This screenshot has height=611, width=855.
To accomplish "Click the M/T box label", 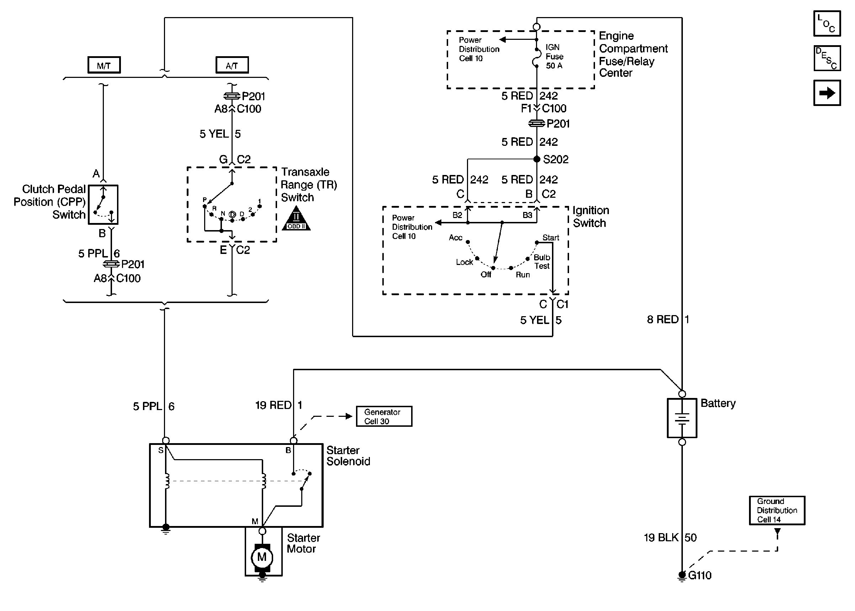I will click(x=104, y=65).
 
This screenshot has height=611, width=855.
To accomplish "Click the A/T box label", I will click(x=232, y=65).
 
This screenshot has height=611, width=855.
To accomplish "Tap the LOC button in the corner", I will click(x=827, y=24).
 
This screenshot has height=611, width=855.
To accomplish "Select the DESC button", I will click(x=827, y=58).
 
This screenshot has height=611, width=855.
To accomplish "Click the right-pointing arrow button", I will click(x=827, y=93).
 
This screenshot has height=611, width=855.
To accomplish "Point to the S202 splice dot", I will click(x=537, y=159).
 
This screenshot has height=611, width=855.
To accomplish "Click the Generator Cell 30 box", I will click(x=384, y=416).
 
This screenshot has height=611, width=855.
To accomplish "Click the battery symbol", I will click(x=681, y=418).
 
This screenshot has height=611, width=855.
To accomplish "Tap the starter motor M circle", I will click(x=262, y=557).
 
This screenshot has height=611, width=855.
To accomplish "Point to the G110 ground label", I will click(x=700, y=575).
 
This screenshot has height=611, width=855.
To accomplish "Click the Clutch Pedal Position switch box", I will click(x=103, y=204).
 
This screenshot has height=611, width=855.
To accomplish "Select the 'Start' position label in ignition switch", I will click(x=551, y=238).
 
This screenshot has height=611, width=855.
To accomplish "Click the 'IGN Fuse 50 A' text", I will click(x=554, y=57).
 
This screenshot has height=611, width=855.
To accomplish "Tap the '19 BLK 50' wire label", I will click(x=670, y=538).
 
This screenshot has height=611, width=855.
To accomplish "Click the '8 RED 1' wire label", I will click(x=668, y=319).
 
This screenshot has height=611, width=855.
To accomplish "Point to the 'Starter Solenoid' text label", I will click(x=348, y=456).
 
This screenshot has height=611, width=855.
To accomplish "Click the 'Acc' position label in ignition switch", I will click(x=455, y=238).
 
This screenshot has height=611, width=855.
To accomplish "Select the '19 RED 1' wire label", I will click(x=278, y=405).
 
